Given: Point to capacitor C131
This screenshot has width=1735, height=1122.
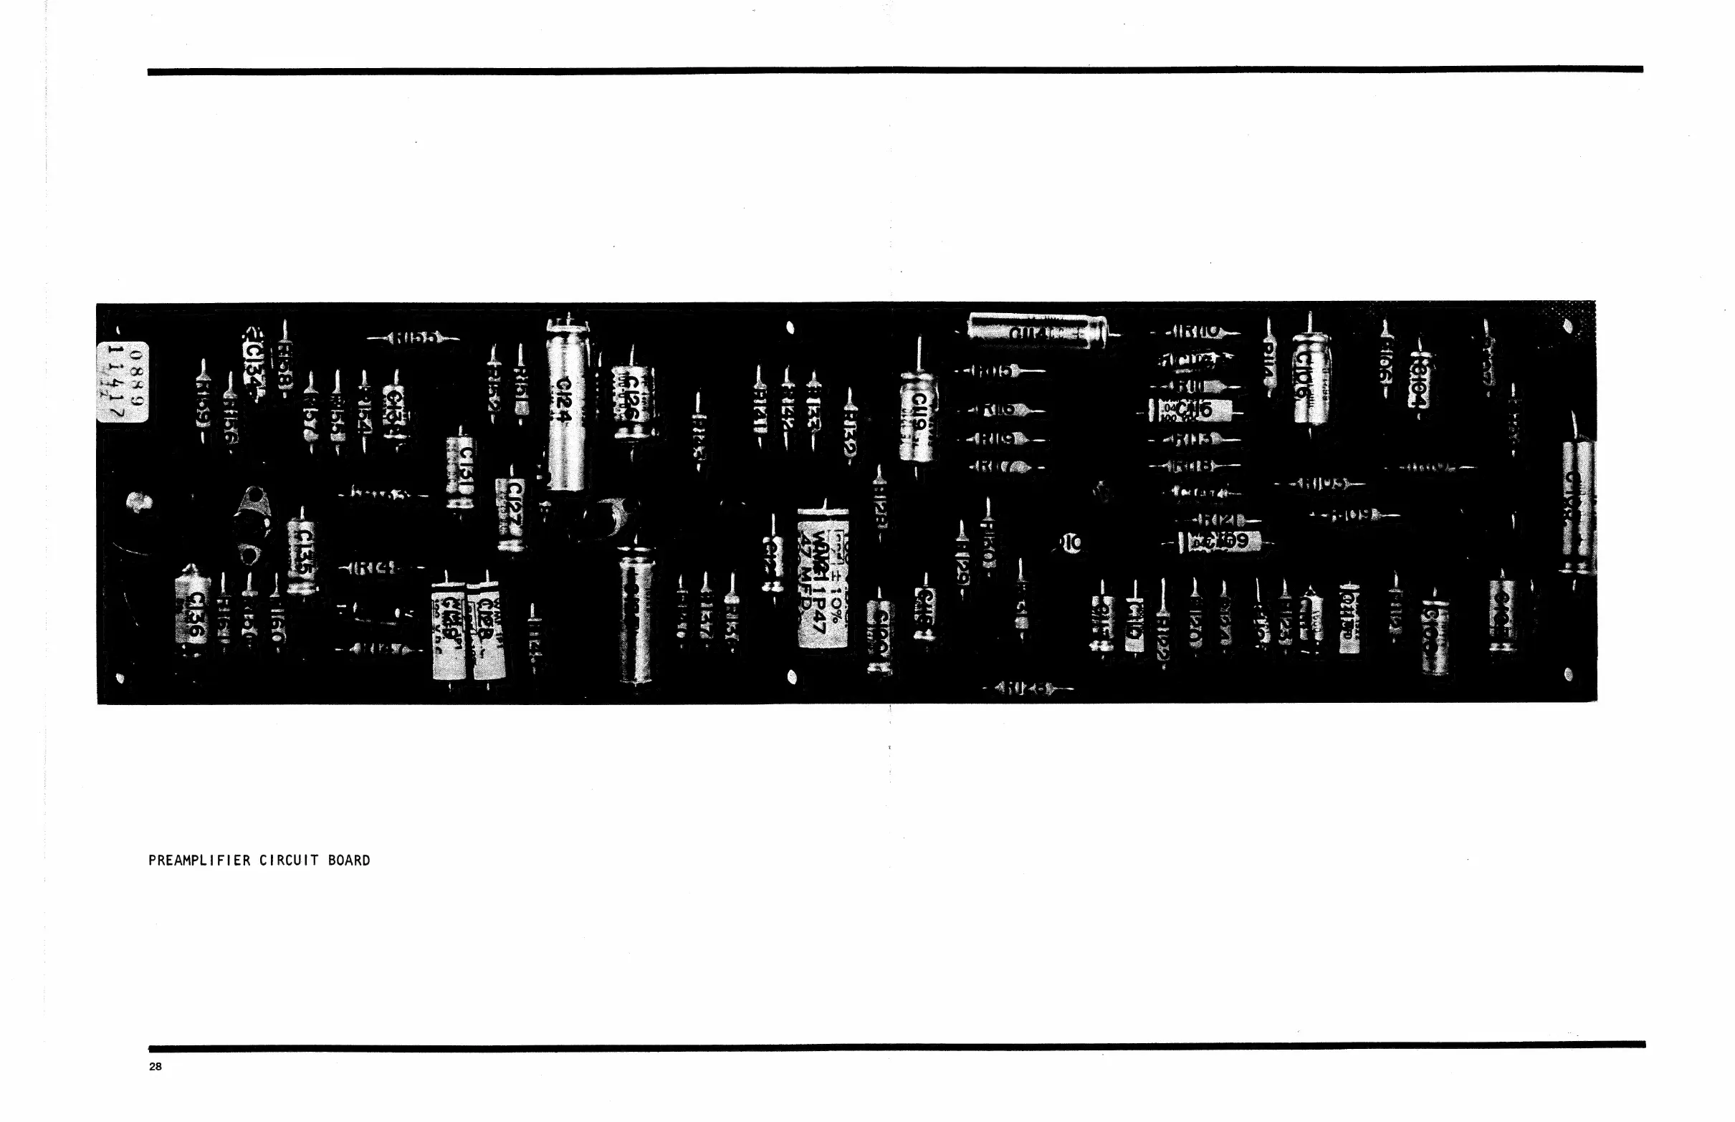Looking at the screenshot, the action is coord(461,469).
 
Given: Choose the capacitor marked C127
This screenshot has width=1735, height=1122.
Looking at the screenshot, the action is coord(512,512).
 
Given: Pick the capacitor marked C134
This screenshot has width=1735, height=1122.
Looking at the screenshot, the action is coord(253,362).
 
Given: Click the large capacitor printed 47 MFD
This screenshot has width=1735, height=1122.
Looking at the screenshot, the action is coord(823,577).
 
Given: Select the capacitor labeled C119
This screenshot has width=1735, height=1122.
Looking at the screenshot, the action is coord(917,416).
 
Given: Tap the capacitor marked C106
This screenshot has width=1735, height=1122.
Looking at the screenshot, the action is coord(1310,378).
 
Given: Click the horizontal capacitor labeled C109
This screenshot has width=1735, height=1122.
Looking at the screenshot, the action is coord(1223,542).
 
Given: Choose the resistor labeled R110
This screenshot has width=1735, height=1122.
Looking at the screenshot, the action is coord(1196,332).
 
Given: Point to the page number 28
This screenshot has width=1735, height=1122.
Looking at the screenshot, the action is coord(156,1067).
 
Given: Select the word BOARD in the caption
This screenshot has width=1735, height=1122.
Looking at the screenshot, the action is coord(349,860).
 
